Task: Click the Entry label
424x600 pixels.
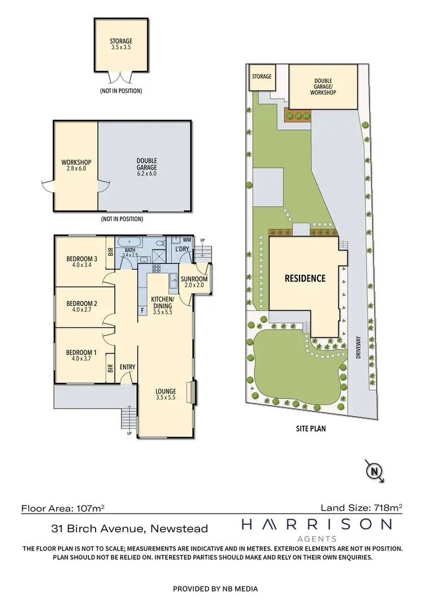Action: click(x=128, y=367)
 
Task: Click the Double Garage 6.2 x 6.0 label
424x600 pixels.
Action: click(x=146, y=165)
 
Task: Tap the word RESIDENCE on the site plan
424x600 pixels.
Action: click(x=305, y=278)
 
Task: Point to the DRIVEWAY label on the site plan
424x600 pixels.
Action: click(x=358, y=355)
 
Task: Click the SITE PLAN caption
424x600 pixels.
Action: click(x=310, y=429)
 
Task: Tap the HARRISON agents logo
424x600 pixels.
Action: click(x=316, y=529)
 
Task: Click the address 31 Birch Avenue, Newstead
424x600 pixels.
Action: click(x=129, y=529)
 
